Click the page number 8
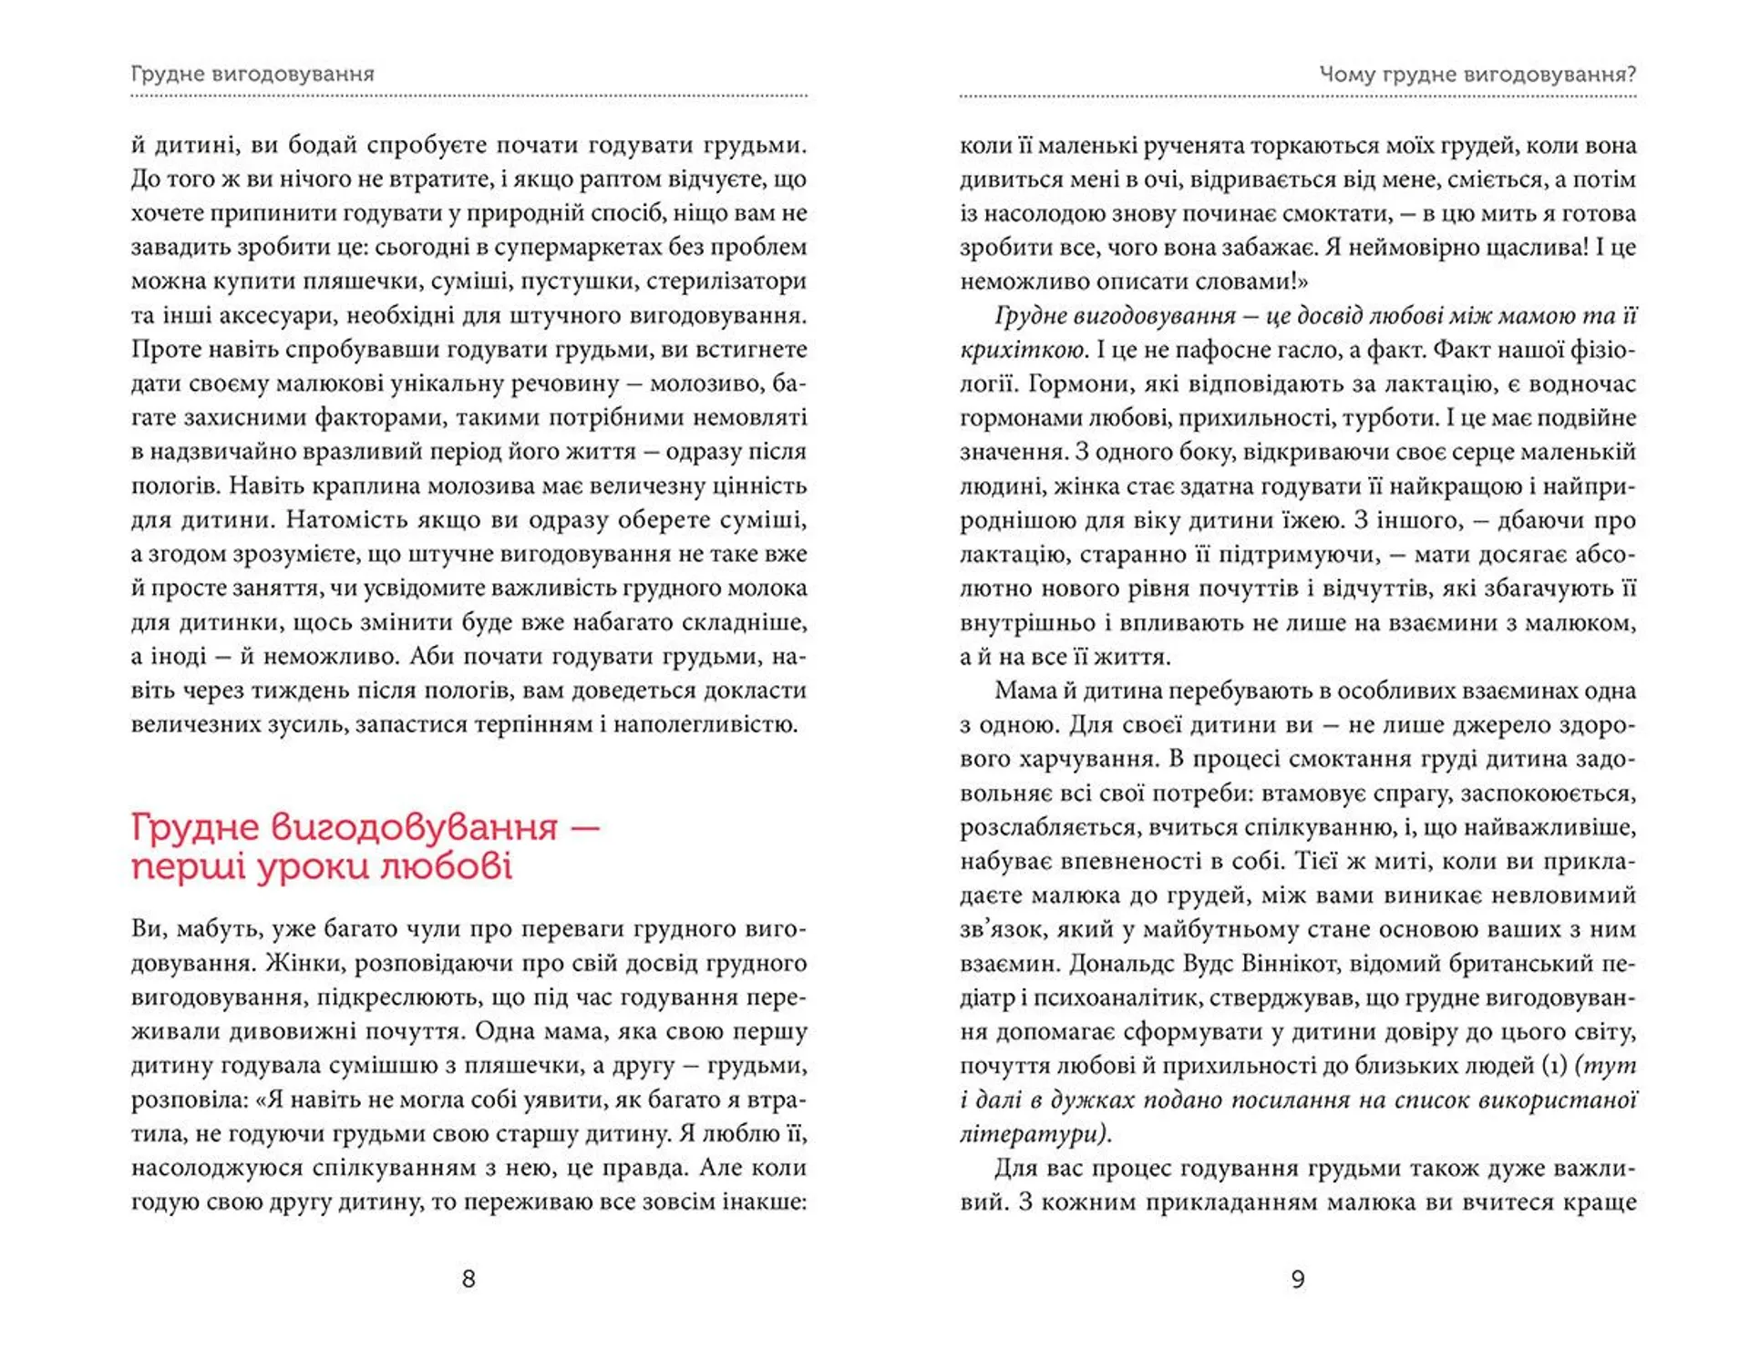tap(468, 1279)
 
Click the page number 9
tap(1298, 1279)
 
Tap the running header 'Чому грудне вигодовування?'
tap(1477, 74)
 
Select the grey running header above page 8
tap(252, 74)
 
